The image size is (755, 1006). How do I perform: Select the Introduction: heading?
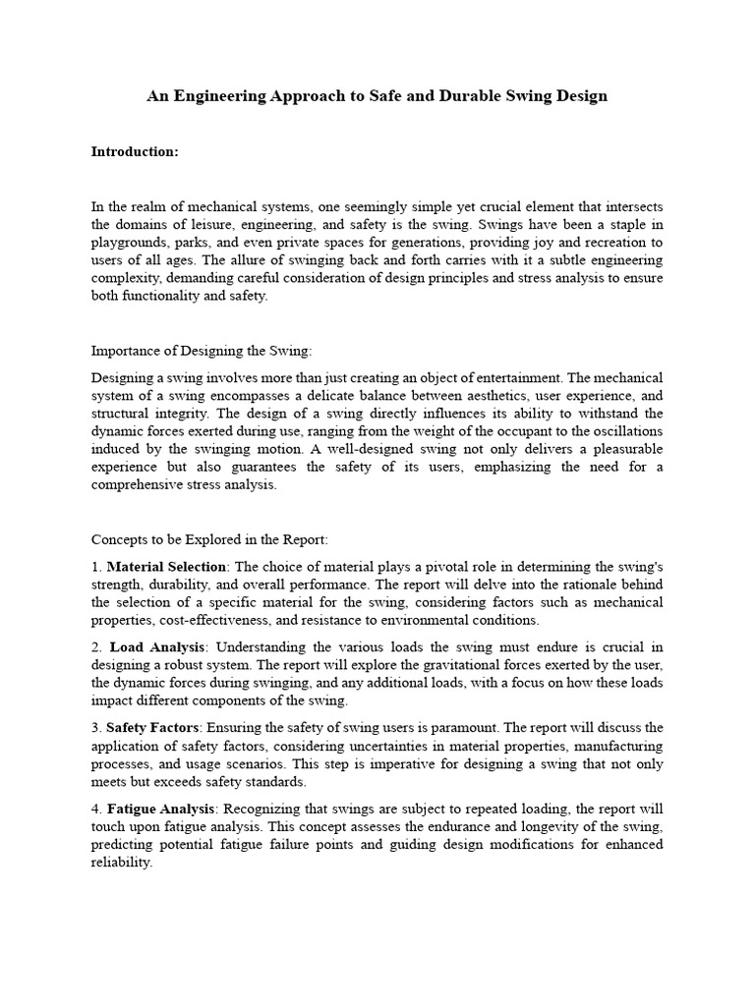135,152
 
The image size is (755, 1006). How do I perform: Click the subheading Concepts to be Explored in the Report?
209,540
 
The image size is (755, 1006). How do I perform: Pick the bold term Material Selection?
166,567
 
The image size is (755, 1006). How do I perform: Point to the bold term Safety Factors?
151,728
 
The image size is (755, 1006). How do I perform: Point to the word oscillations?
626,431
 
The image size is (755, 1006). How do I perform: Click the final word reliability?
122,863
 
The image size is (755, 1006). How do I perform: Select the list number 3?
95,728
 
